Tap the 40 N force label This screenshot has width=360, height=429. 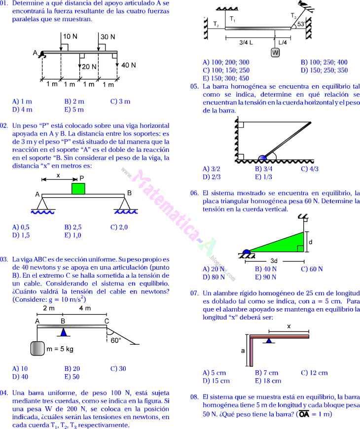click(x=128, y=65)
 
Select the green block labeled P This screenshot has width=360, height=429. click(x=78, y=189)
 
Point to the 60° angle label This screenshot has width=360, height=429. click(x=116, y=340)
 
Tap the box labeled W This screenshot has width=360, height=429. click(x=275, y=52)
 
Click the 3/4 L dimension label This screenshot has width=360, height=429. click(x=246, y=42)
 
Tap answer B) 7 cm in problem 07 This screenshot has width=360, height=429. click(x=266, y=373)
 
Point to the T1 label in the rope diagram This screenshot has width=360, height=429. click(x=233, y=19)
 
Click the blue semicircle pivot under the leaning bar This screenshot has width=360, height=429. click(x=260, y=158)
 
